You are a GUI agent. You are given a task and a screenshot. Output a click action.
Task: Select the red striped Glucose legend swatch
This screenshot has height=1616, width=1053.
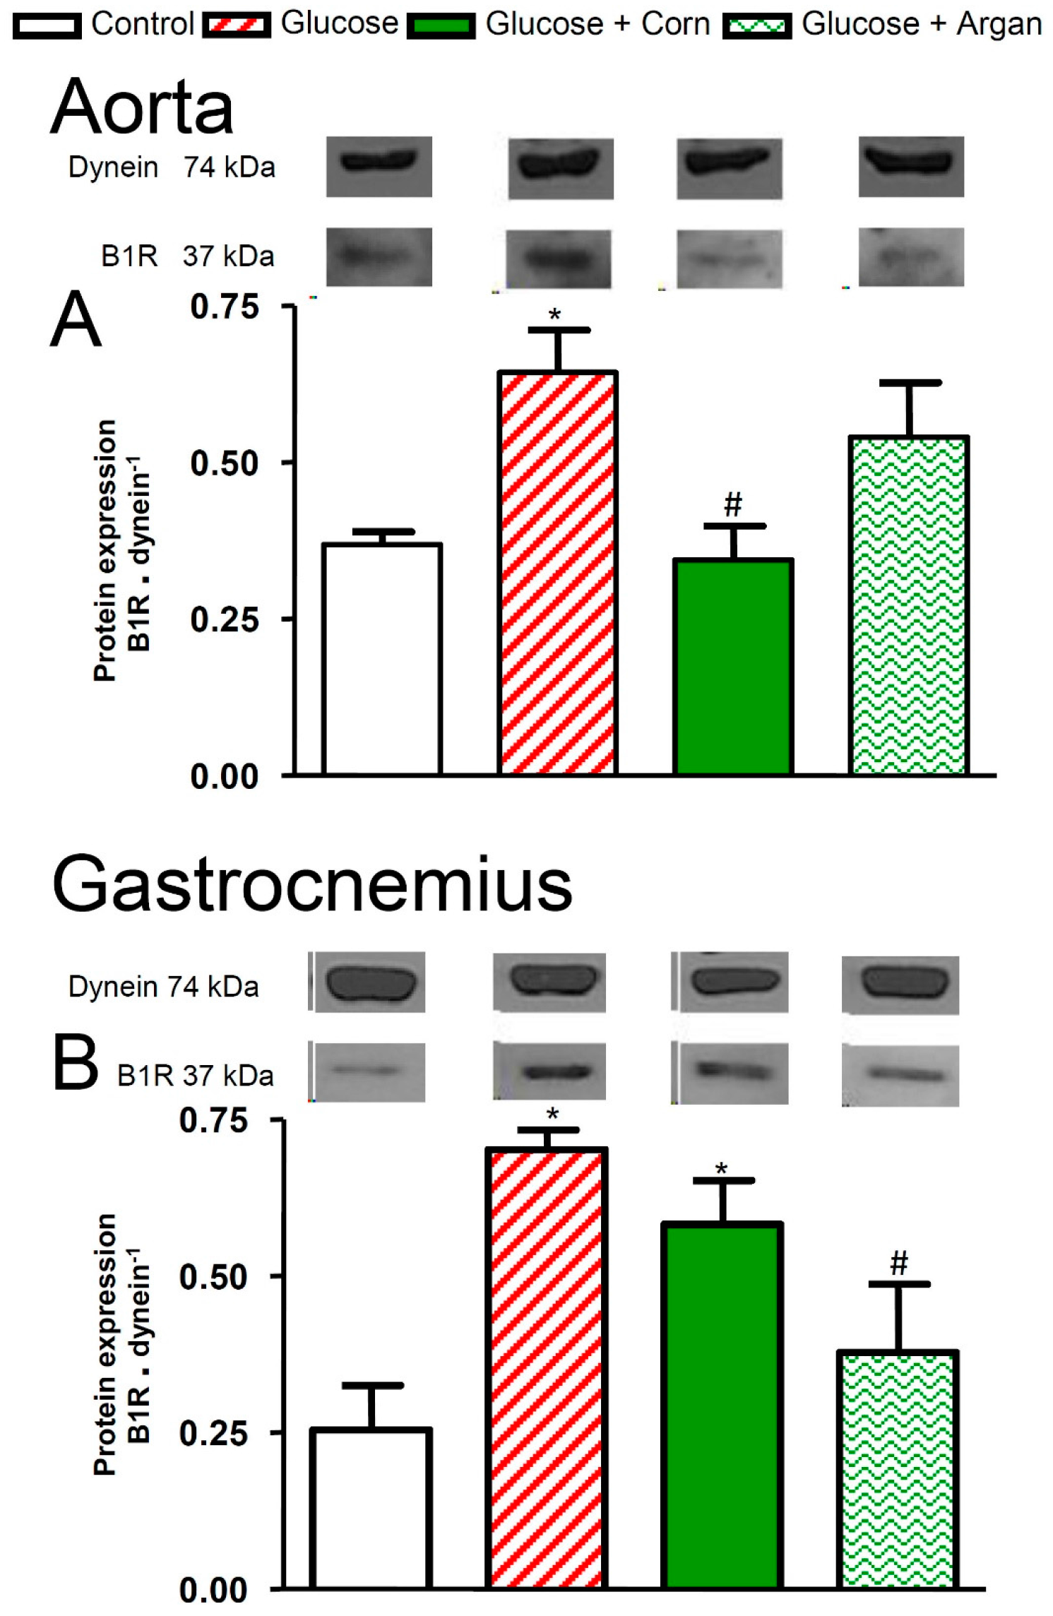[x=236, y=26]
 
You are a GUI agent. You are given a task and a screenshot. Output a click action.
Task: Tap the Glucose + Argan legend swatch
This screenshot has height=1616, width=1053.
[x=756, y=27]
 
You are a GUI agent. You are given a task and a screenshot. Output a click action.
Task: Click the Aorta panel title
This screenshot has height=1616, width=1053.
[x=142, y=107]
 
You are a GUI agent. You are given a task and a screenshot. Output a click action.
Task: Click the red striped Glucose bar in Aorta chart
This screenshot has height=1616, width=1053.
[x=558, y=572]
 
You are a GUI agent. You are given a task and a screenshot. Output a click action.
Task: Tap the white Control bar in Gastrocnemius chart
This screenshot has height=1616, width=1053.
[x=370, y=1508]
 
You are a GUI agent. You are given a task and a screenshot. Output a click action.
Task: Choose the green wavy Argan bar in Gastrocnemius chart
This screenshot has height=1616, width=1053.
[x=898, y=1469]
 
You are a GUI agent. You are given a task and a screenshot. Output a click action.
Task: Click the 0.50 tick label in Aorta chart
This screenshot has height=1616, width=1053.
[x=224, y=463]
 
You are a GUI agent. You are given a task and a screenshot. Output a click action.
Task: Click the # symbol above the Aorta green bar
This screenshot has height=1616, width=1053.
[x=733, y=504]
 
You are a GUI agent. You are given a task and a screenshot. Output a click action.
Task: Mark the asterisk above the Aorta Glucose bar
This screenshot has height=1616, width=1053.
[x=555, y=315]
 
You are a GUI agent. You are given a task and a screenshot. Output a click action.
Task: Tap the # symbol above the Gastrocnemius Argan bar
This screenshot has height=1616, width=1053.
[x=898, y=1262]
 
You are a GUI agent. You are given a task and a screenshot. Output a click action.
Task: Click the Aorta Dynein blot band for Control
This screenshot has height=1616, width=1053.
[x=379, y=162]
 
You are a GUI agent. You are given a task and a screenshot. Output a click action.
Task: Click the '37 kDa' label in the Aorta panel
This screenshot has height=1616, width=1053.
[x=228, y=256]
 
